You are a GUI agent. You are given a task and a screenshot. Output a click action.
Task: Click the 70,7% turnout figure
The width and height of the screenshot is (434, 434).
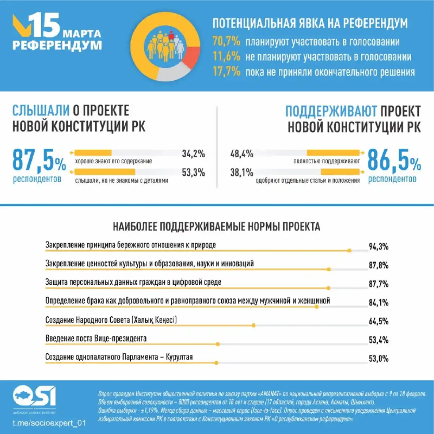tap(226, 41)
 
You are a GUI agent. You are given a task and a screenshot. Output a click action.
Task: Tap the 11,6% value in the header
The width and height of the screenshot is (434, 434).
tap(226, 56)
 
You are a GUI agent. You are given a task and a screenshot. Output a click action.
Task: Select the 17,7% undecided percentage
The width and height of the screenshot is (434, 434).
tap(226, 72)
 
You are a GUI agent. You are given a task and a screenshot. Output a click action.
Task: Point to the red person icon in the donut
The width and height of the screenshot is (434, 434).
tap(171, 35)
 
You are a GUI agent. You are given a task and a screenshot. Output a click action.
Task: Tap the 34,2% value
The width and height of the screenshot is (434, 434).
tap(193, 154)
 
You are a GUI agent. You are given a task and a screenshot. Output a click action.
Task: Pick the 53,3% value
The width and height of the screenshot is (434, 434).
tap(193, 173)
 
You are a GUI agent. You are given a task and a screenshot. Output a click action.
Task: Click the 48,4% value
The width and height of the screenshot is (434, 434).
tap(242, 154)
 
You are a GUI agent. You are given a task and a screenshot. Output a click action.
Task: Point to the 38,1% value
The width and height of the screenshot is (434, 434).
tap(242, 173)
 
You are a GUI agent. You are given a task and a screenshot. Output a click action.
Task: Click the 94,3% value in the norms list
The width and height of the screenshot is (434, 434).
tap(378, 247)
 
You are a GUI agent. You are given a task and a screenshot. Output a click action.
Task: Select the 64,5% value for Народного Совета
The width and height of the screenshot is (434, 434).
tap(378, 321)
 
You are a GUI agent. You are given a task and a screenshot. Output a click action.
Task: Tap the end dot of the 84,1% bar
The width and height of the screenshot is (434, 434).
tap(317, 307)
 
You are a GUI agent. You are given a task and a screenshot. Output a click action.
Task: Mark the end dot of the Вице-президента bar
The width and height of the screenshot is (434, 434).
tap(218, 344)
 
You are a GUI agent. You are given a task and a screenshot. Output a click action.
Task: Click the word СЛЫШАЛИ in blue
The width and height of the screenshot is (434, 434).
tap(41, 111)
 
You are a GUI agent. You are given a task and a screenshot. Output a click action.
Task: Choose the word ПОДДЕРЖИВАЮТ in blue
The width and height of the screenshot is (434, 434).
tap(331, 111)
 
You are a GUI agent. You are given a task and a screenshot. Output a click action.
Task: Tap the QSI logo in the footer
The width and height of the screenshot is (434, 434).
tap(34, 397)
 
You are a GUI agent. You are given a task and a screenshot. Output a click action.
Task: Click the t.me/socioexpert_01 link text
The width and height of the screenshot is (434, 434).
tap(49, 423)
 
